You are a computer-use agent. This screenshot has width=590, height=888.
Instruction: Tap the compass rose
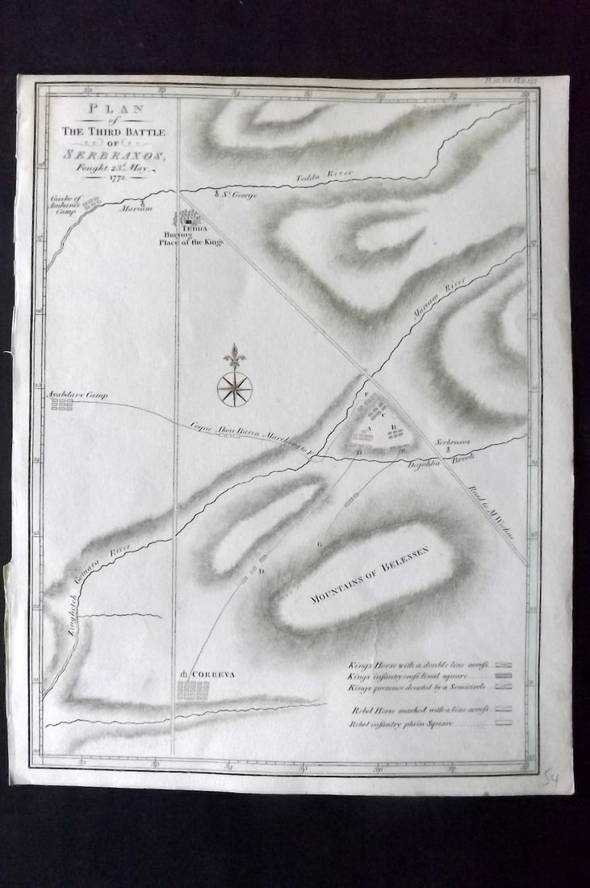pos(234,387)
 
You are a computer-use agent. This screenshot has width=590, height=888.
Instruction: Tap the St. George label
pos(237,195)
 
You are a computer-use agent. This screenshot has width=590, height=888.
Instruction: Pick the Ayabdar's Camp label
pos(77,395)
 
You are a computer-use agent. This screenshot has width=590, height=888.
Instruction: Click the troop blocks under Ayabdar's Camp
pos(62,404)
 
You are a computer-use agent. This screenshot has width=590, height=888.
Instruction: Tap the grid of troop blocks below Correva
pos(193,690)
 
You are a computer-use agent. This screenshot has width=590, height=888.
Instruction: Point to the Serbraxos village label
pos(453,442)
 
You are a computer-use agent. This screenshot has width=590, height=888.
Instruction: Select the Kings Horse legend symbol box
pos(505,664)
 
